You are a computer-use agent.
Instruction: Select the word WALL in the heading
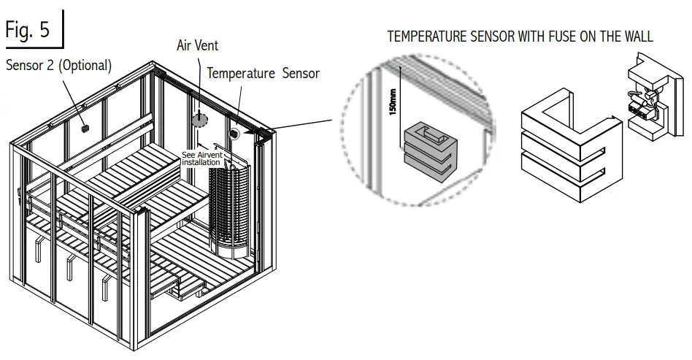(x=635, y=36)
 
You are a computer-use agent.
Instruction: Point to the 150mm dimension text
(x=393, y=103)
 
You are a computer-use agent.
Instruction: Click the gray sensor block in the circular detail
(x=429, y=150)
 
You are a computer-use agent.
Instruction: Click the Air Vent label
(x=197, y=45)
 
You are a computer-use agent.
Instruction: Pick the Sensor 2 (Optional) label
(x=59, y=65)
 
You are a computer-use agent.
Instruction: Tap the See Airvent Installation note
(x=201, y=158)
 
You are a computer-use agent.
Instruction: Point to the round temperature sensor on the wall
(x=235, y=134)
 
